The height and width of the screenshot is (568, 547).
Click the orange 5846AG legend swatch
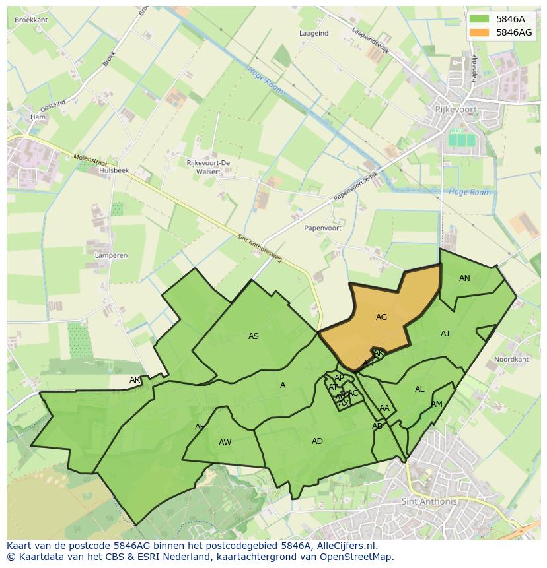(x=480, y=32)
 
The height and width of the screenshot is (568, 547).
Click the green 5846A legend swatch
(x=480, y=19)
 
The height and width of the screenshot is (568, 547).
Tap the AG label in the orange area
(x=381, y=317)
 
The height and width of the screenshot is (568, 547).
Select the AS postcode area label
(x=254, y=336)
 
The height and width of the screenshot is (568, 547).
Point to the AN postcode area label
(x=464, y=278)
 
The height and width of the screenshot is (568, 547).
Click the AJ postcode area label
(x=445, y=334)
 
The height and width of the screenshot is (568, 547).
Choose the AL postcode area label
(x=419, y=389)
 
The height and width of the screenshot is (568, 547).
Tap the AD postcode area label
(x=317, y=441)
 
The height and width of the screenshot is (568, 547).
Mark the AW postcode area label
(x=225, y=443)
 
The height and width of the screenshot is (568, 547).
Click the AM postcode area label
(x=437, y=404)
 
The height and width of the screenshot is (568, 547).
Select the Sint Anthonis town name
(x=429, y=501)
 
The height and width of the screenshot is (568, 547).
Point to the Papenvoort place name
(x=322, y=228)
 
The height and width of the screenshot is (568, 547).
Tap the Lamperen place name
(x=111, y=255)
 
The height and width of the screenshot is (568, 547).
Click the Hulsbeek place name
(x=114, y=170)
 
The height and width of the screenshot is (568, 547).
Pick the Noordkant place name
(x=511, y=360)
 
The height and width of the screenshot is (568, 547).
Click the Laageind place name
(x=314, y=33)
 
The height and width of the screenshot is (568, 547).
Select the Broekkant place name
(x=31, y=20)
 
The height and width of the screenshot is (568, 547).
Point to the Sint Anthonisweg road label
(x=260, y=248)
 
